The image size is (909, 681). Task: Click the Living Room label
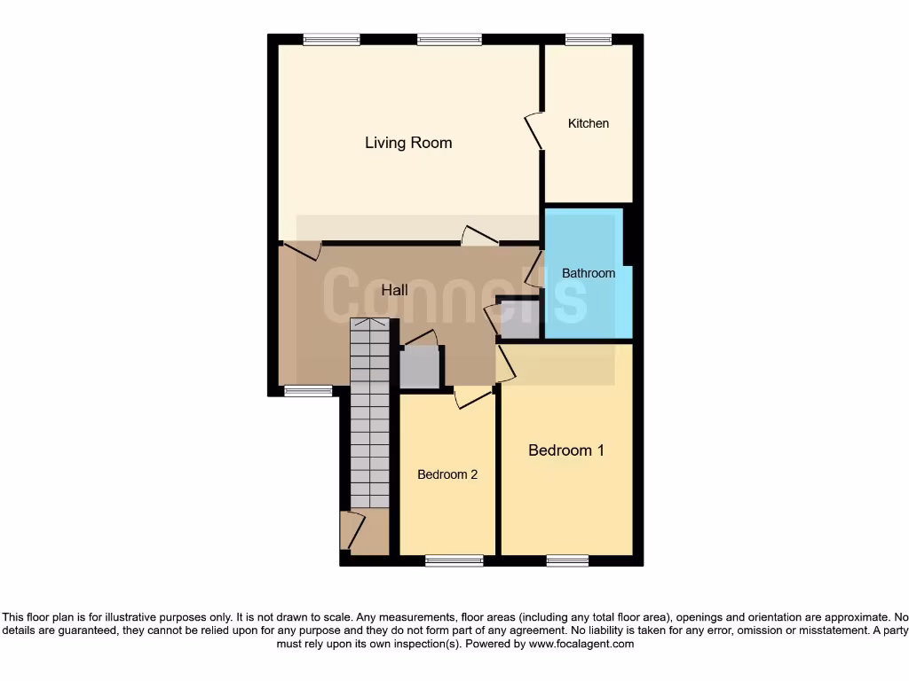coord(408,143)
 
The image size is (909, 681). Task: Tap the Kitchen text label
coord(589,123)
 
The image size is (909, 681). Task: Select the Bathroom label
coord(589,273)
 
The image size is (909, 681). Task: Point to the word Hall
coord(395,290)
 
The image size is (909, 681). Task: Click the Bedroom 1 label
coord(566,450)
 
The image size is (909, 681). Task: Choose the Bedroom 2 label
coord(447,474)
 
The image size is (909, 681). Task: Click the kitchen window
coord(589,39)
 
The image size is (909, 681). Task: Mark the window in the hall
coord(308,391)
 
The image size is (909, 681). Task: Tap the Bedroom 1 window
coord(567,560)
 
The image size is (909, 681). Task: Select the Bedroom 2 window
coord(454,560)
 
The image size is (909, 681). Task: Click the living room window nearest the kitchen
coord(449,39)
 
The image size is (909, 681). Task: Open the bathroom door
coord(534,269)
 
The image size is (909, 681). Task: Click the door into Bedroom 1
coord(504,364)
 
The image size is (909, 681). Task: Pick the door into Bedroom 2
coord(473,398)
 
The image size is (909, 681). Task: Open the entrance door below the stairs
coord(350,530)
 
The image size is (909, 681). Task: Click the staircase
coord(369,412)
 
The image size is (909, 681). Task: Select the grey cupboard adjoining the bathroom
coord(520,320)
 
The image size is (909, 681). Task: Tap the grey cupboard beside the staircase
coord(420,367)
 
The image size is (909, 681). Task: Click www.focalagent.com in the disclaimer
coord(581,645)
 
